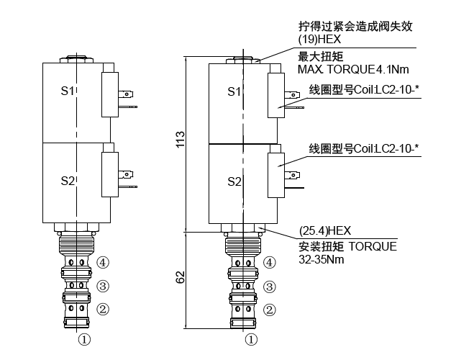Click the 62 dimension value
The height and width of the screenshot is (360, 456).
[x=181, y=277]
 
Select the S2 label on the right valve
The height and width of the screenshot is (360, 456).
[x=234, y=181]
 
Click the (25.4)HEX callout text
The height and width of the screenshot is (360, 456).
[x=324, y=231]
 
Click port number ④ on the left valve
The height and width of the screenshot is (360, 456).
[x=103, y=263]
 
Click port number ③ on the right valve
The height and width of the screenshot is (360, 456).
[x=270, y=287]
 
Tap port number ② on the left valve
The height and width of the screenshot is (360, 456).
[x=103, y=310]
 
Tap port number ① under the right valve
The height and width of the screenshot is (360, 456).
[x=251, y=337]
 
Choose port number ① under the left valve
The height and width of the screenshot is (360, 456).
[x=84, y=337]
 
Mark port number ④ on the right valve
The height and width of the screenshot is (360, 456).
[x=270, y=263]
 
